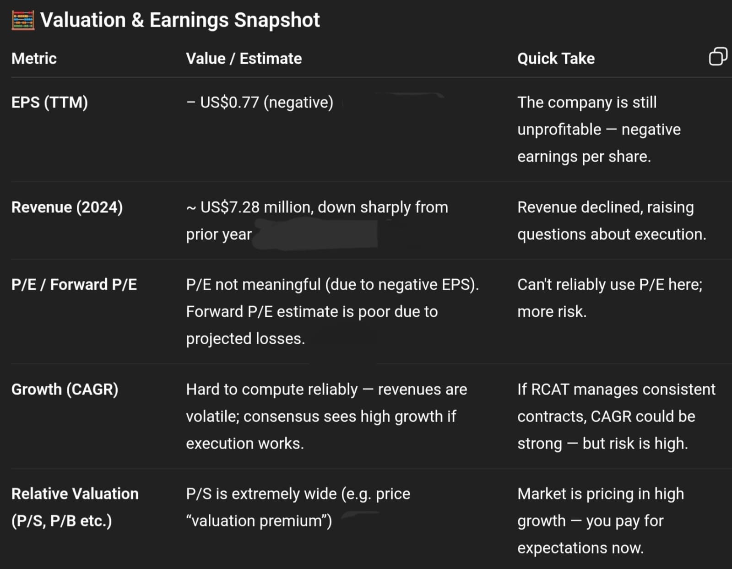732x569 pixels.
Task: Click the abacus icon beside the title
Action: pyautogui.click(x=23, y=20)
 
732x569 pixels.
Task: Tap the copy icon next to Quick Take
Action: pyautogui.click(x=718, y=56)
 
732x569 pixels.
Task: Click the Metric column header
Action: pyautogui.click(x=34, y=59)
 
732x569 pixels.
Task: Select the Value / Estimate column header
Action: pyautogui.click(x=244, y=59)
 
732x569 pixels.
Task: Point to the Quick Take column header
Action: pyautogui.click(x=556, y=59)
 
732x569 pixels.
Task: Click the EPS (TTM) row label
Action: pyautogui.click(x=49, y=103)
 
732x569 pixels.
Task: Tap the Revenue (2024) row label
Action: pyautogui.click(x=67, y=207)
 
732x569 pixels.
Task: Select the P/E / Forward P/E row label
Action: pyautogui.click(x=74, y=285)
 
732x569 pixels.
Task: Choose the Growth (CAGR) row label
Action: pyautogui.click(x=65, y=390)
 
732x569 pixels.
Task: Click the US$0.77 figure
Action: pyautogui.click(x=229, y=103)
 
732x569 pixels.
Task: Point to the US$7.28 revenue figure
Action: pyautogui.click(x=230, y=207)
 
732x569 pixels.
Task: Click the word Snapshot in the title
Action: pyautogui.click(x=277, y=20)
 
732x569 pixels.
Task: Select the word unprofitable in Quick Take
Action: pyautogui.click(x=559, y=130)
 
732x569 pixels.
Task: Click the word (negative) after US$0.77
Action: pyautogui.click(x=298, y=103)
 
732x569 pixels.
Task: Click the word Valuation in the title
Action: pyautogui.click(x=83, y=20)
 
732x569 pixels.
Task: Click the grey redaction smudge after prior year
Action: pyautogui.click(x=315, y=233)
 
